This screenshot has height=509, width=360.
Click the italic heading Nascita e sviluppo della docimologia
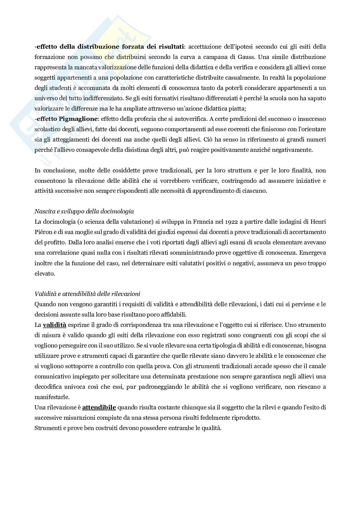click(x=84, y=211)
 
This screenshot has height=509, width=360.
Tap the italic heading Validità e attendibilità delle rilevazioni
click(x=87, y=294)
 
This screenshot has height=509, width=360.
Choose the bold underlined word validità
click(x=54, y=325)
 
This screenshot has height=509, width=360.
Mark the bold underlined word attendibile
click(x=99, y=407)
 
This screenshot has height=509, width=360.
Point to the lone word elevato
click(x=45, y=273)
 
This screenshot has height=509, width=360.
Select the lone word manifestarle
click(x=52, y=397)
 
